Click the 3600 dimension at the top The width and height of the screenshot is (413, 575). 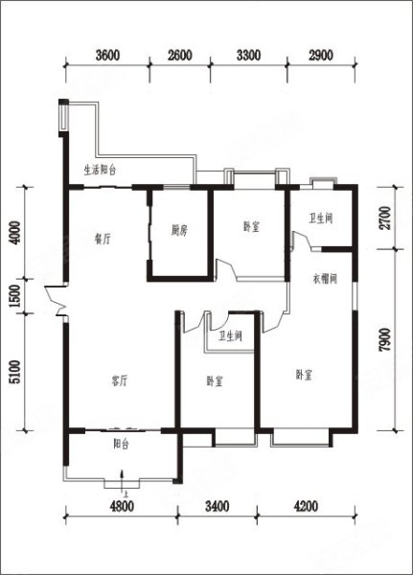click(107, 55)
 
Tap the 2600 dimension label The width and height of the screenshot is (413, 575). click(180, 55)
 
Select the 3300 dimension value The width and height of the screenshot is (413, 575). click(249, 55)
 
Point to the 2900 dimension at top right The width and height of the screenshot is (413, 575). click(321, 55)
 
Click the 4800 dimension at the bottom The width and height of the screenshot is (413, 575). click(122, 506)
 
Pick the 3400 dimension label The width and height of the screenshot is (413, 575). click(218, 506)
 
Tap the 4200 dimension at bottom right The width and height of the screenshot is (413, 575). click(306, 506)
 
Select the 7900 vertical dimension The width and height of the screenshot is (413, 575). click(384, 339)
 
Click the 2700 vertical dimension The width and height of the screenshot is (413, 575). click(384, 218)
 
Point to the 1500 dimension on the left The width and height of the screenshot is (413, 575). click(15, 296)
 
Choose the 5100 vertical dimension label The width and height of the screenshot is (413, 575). click(15, 372)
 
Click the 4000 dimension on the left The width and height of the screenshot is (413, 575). click(15, 233)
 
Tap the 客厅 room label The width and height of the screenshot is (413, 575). click(120, 381)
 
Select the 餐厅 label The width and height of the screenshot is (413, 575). click(103, 240)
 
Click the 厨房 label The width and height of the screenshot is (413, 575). click(179, 231)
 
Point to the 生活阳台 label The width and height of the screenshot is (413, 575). click(100, 171)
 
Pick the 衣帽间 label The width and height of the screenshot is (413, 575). click(325, 280)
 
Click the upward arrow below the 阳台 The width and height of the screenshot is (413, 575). click(122, 479)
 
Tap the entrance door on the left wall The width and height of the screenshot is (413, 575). click(55, 300)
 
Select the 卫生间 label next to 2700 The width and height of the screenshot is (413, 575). click(321, 218)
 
